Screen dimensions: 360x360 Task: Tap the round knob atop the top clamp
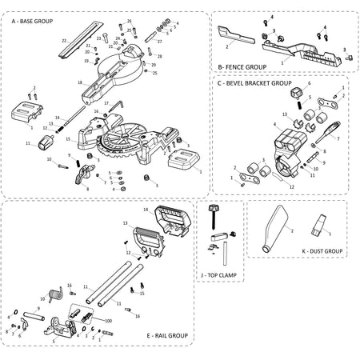point(214,208)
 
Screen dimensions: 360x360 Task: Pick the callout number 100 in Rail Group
point(108,320)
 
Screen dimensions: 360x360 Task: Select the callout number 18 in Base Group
point(80,82)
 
